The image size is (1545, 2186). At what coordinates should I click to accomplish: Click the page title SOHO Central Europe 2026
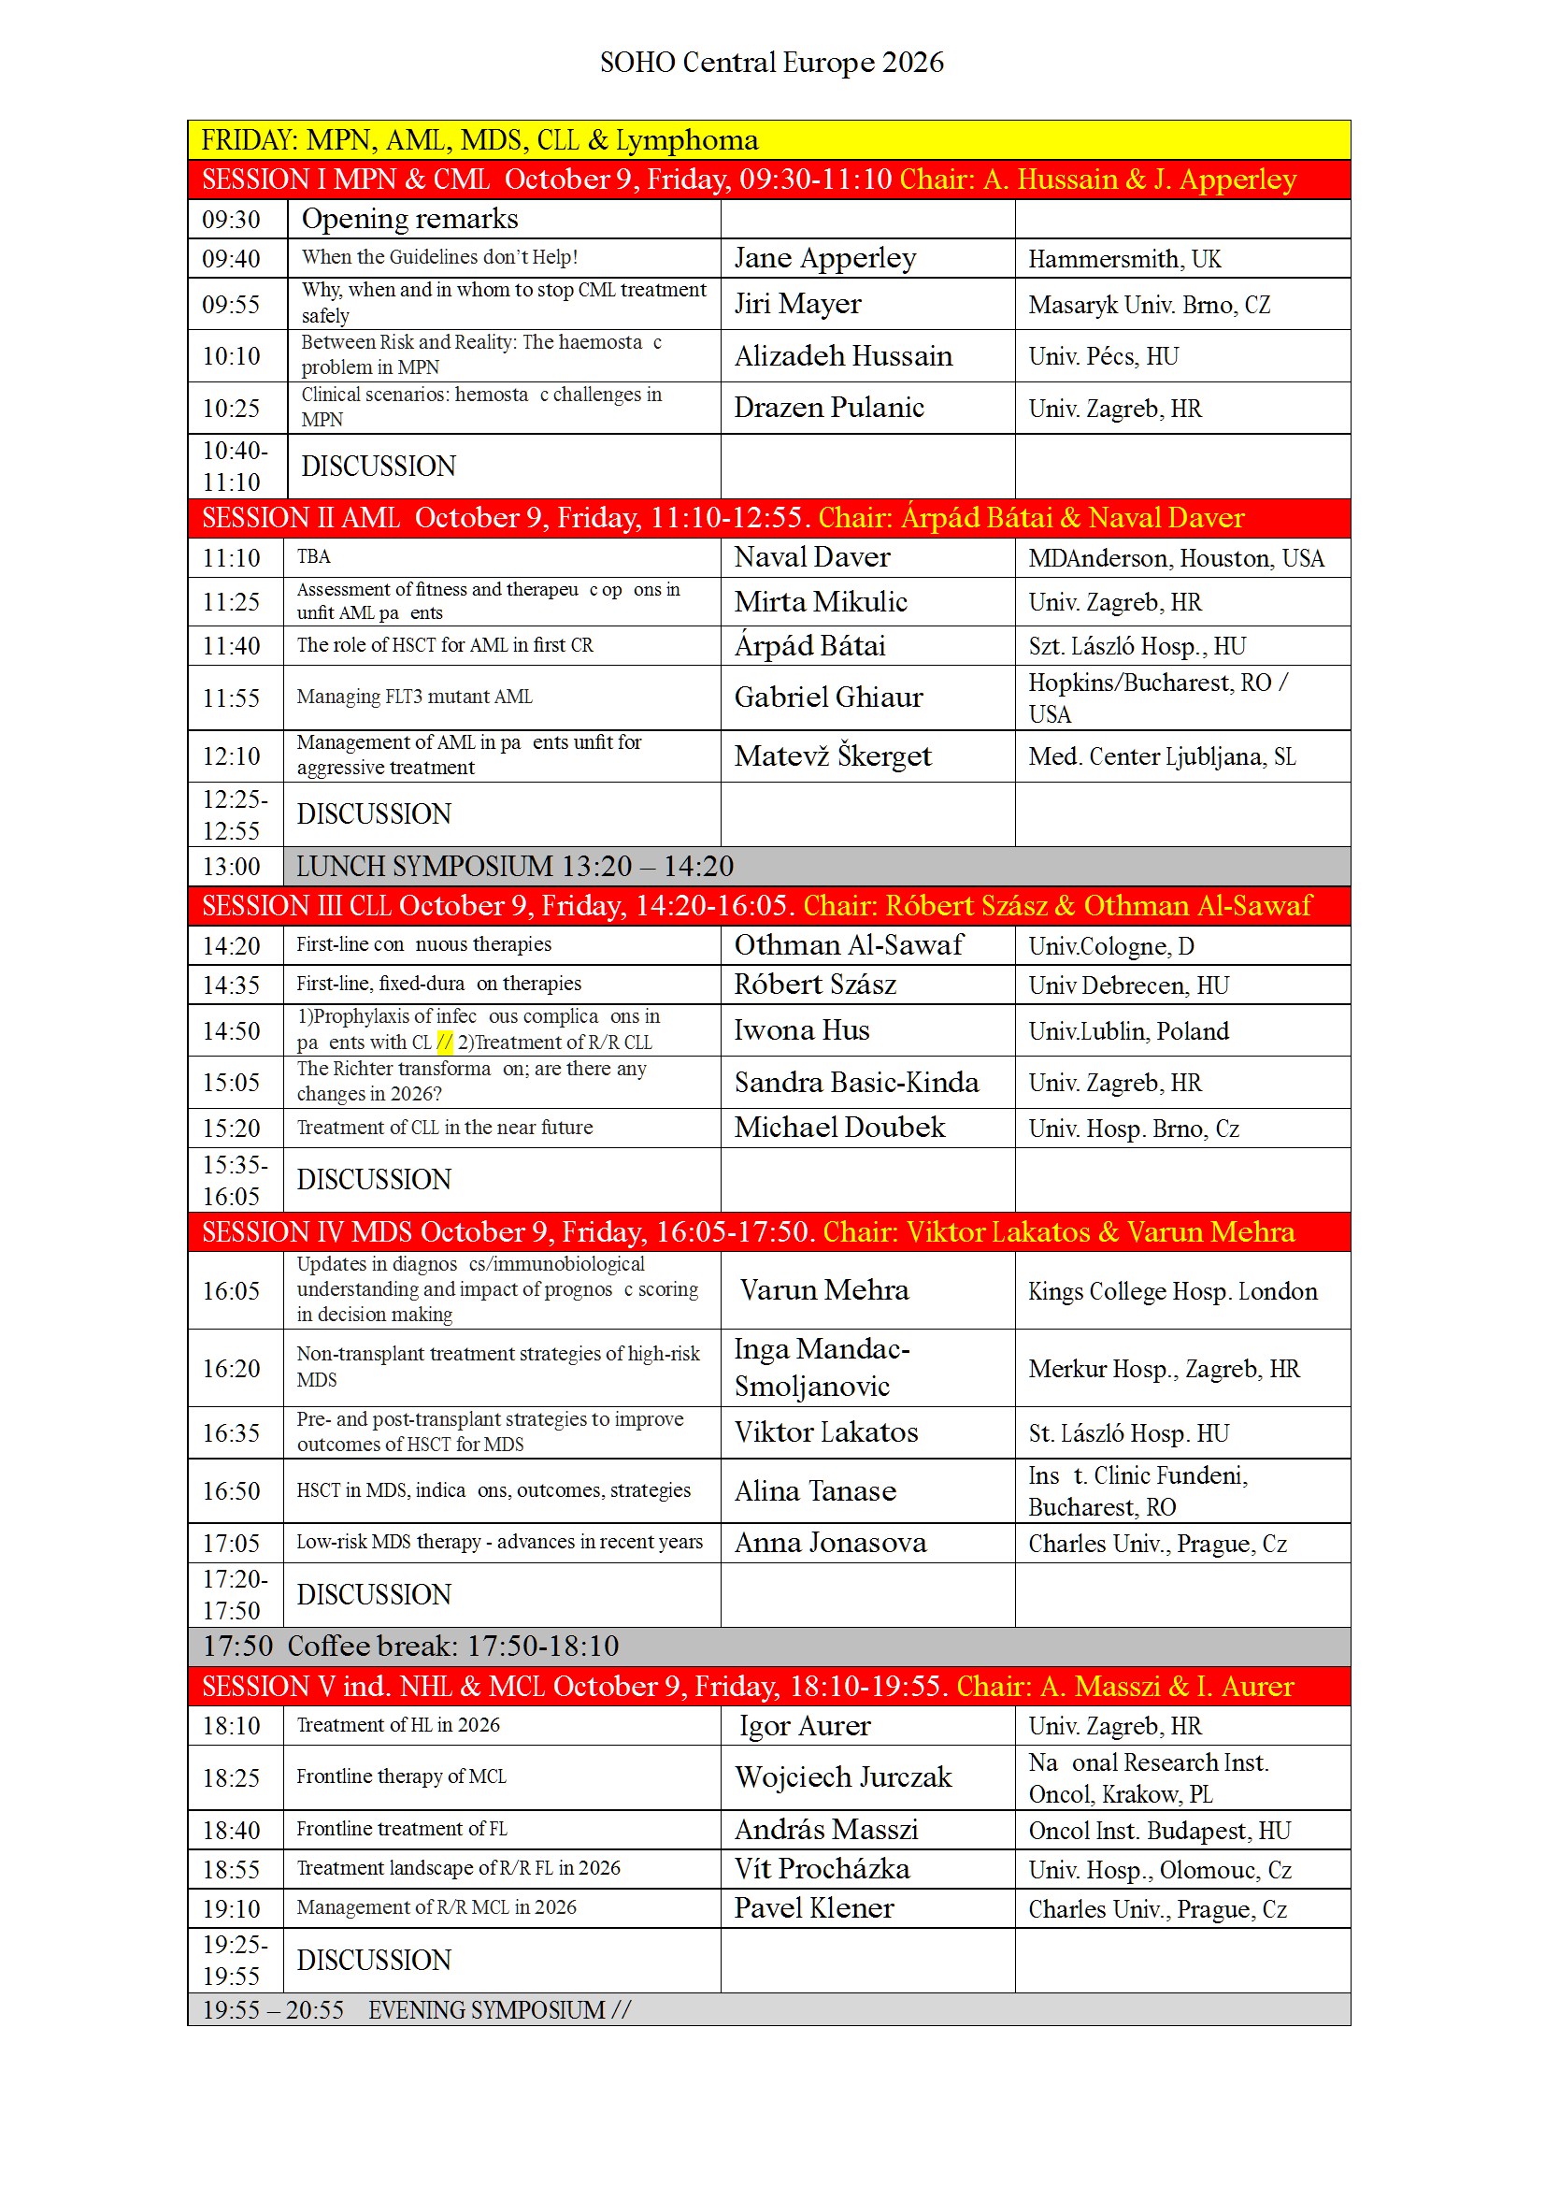(x=771, y=63)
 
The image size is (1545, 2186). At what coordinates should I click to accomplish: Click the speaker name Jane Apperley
(x=824, y=258)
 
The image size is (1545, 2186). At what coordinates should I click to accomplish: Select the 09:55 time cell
(x=231, y=305)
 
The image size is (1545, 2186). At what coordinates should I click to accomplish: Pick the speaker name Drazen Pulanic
(x=828, y=408)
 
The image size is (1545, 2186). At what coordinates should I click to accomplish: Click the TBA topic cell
(x=314, y=557)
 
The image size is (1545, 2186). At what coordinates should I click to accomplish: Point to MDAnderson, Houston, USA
(x=1176, y=558)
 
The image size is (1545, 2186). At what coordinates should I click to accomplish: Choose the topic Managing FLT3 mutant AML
(x=414, y=697)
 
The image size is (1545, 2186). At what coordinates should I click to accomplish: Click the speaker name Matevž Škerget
(x=832, y=756)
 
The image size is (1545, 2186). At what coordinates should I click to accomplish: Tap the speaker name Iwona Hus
(x=802, y=1030)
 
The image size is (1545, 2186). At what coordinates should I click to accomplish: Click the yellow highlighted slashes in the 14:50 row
(x=445, y=1043)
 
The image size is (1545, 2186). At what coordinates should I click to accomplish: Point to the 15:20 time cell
(x=231, y=1129)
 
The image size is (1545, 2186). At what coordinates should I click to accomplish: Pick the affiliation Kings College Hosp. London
(x=1173, y=1291)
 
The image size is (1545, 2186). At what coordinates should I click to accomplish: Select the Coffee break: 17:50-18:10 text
(x=453, y=1647)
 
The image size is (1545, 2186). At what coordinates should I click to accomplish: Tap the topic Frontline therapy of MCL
(x=401, y=1776)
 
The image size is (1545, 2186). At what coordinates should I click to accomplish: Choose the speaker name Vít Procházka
(x=822, y=1869)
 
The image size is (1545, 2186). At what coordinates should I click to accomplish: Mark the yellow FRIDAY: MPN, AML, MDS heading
(x=479, y=140)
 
